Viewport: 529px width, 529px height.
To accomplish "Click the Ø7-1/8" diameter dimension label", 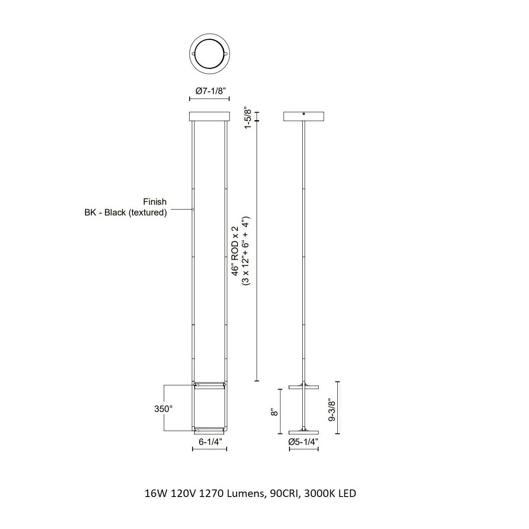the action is (210, 91).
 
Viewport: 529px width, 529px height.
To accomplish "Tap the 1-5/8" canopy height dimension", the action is (247, 118).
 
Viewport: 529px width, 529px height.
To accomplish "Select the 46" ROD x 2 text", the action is (235, 251).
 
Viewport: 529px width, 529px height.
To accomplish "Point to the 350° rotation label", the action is (163, 409).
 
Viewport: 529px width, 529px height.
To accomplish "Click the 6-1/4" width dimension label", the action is (210, 442).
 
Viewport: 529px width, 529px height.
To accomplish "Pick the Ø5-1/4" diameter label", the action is (303, 442).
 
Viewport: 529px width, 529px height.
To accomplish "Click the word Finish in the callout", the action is (155, 202).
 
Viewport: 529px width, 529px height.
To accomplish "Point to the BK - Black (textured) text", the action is (126, 213).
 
